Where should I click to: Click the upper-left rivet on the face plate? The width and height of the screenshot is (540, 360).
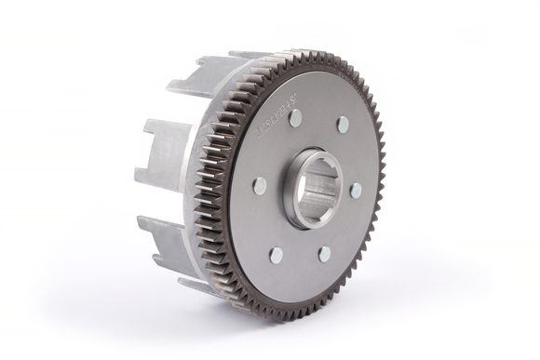tap(295, 118)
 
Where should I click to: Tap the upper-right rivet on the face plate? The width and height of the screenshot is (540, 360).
tap(343, 124)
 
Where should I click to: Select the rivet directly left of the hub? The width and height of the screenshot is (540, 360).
tap(260, 186)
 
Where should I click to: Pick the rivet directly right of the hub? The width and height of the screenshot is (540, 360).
tap(356, 191)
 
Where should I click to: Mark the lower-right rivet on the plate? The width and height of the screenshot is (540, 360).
tap(324, 253)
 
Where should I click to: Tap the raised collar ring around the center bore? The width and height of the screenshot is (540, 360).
tap(291, 200)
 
